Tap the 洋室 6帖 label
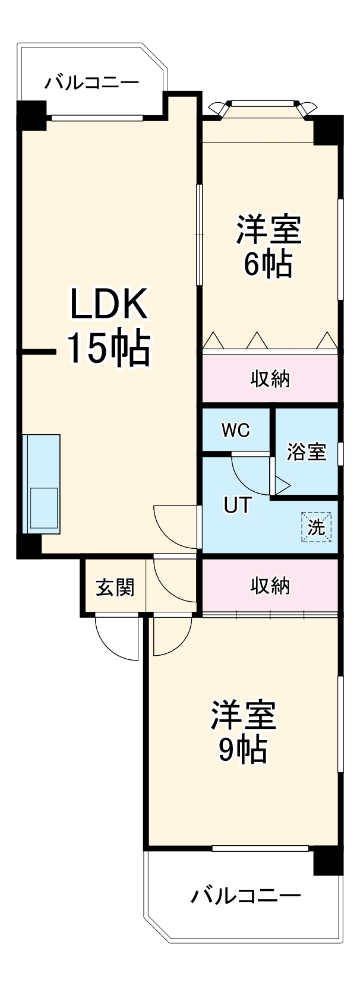(269, 246)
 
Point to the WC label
(236, 431)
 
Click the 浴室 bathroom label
(307, 452)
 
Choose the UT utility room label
(237, 505)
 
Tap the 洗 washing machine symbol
(316, 527)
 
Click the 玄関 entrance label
(115, 587)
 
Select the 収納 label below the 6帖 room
(270, 378)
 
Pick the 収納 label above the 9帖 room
(270, 586)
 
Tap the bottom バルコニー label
(245, 895)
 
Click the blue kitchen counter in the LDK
(42, 484)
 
